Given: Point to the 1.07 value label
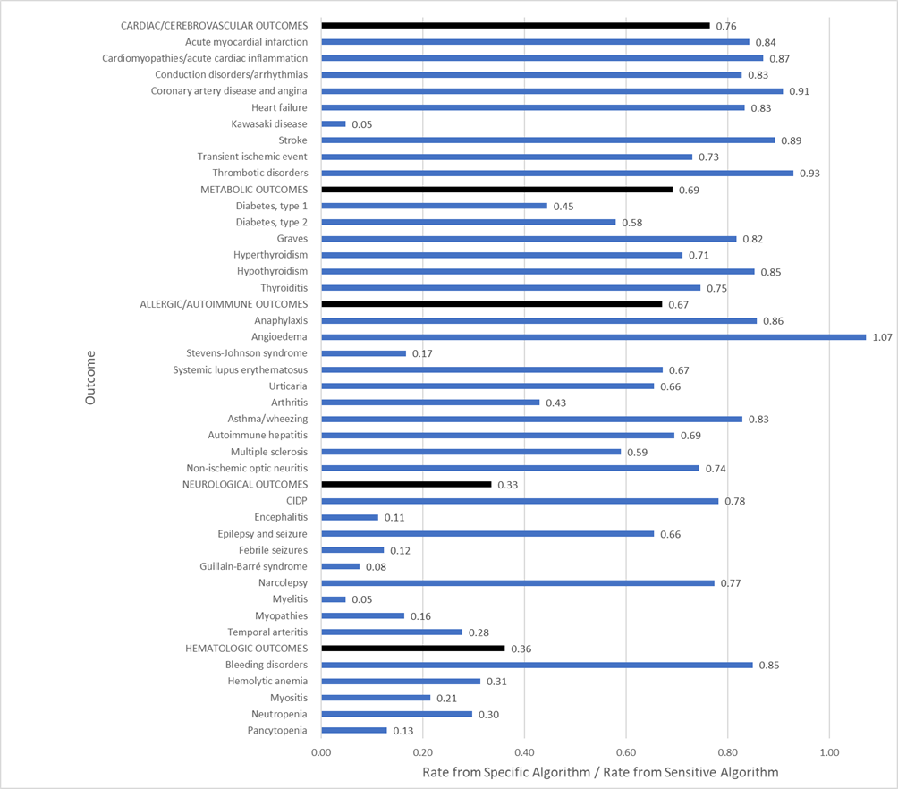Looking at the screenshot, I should [x=884, y=337].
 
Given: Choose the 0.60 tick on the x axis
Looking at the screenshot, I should [x=626, y=753].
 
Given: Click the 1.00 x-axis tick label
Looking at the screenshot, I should [x=830, y=753].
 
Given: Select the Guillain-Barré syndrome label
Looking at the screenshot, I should [x=254, y=566].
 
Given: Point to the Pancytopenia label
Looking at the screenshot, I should [x=276, y=730].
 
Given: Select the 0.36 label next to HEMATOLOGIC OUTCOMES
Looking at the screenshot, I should [x=521, y=649].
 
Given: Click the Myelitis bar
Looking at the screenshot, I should [x=334, y=599].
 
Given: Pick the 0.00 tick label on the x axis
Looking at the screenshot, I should [x=322, y=753].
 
